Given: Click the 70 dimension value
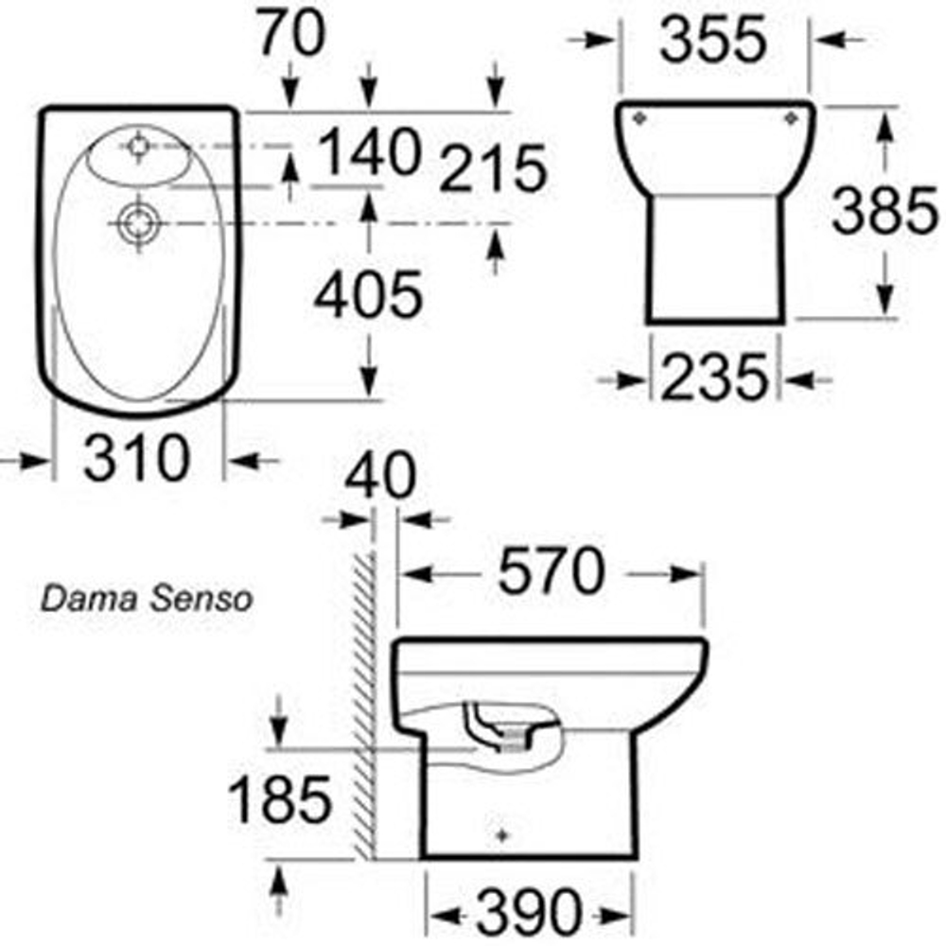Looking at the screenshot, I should click(291, 36).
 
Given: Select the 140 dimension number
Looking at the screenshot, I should click(369, 151).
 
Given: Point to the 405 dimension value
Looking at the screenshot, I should click(368, 296).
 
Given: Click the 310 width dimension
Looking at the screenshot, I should click(136, 461).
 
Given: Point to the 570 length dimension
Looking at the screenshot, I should click(551, 573).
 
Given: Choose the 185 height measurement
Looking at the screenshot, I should click(281, 799).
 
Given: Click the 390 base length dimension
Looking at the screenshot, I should click(527, 913).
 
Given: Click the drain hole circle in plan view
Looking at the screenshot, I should click(138, 224).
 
